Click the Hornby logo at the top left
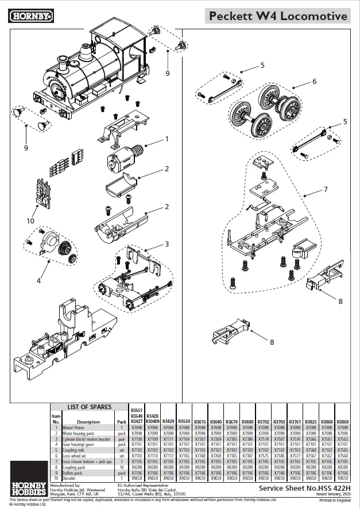coord(32,16)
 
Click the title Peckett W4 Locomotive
coord(278,17)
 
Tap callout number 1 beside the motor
coord(167,138)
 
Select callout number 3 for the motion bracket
coord(167,244)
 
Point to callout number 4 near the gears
coord(39,280)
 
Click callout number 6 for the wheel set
coord(314,82)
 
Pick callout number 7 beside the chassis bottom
coord(325,189)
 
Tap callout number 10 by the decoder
coord(30,220)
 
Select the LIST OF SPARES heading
coord(89,407)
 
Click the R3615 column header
coord(200,422)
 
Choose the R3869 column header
coord(342,422)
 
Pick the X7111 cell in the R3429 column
coord(169,438)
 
